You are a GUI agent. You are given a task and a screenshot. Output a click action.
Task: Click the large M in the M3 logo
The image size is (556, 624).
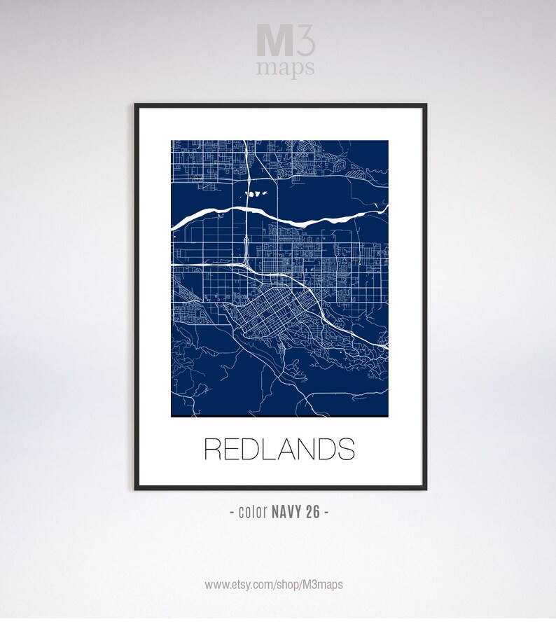270,41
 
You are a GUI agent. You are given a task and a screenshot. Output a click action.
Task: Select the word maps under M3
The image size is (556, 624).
285,67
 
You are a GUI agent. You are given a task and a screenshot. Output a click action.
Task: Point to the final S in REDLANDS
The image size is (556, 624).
345,449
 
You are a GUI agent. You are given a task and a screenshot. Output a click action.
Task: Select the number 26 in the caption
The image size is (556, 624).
312,512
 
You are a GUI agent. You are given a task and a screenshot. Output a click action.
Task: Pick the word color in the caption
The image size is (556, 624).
251,512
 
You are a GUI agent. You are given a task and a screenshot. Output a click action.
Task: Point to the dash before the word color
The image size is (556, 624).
232,513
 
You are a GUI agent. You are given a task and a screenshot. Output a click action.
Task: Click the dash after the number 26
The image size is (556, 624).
326,513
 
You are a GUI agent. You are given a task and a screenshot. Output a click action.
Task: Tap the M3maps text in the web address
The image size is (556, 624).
323,584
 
